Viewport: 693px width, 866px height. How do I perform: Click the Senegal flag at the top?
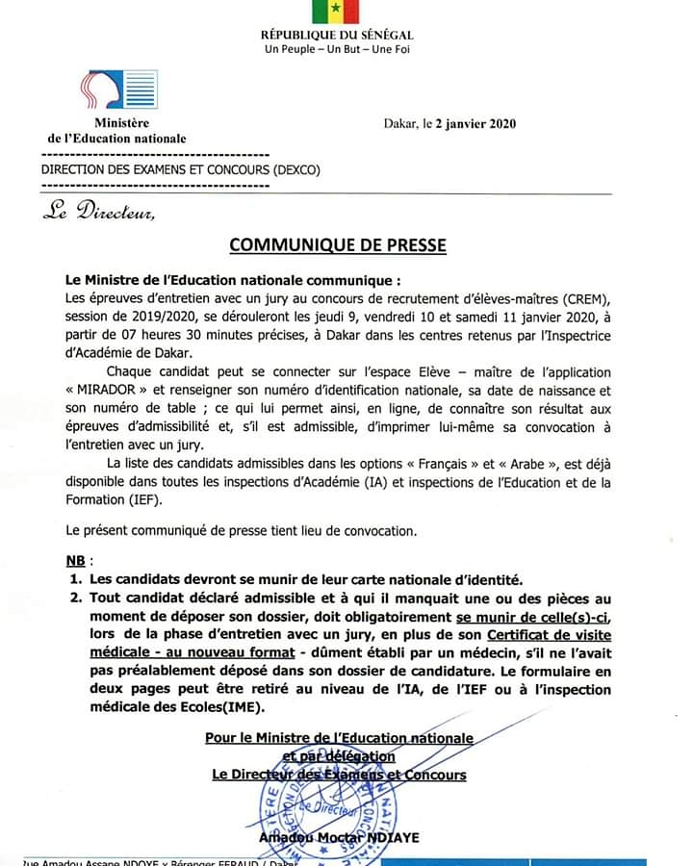pyautogui.click(x=335, y=11)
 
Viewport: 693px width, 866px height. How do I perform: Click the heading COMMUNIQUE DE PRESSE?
pyautogui.click(x=338, y=244)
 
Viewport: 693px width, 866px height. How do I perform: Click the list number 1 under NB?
pyautogui.click(x=74, y=579)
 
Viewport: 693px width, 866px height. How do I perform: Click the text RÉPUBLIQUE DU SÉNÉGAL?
pyautogui.click(x=337, y=36)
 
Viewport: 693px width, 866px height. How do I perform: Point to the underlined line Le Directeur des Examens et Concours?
pyautogui.click(x=339, y=775)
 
